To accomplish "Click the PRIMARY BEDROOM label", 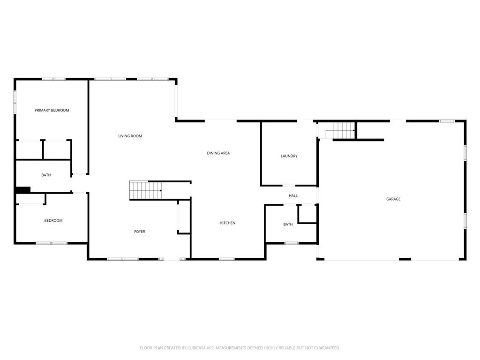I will (x=52, y=110).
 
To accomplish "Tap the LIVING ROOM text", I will (x=130, y=136).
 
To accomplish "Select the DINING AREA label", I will (x=218, y=153).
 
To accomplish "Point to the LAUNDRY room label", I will (x=289, y=156).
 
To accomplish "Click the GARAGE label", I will (x=393, y=199).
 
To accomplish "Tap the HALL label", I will (x=293, y=195).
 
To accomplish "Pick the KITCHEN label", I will (x=228, y=223).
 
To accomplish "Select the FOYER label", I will (x=140, y=232).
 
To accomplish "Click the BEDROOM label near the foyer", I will (x=53, y=220).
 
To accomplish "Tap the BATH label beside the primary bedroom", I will (x=46, y=175).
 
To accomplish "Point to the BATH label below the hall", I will (x=288, y=225).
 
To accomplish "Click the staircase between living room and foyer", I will (x=145, y=191).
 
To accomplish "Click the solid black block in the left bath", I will (x=23, y=190).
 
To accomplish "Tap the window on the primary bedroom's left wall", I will (x=15, y=102).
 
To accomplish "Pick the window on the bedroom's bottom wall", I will (x=52, y=243).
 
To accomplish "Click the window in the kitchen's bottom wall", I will (x=227, y=259).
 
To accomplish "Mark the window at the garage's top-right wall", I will (x=447, y=121).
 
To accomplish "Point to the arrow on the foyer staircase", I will (x=161, y=191).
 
